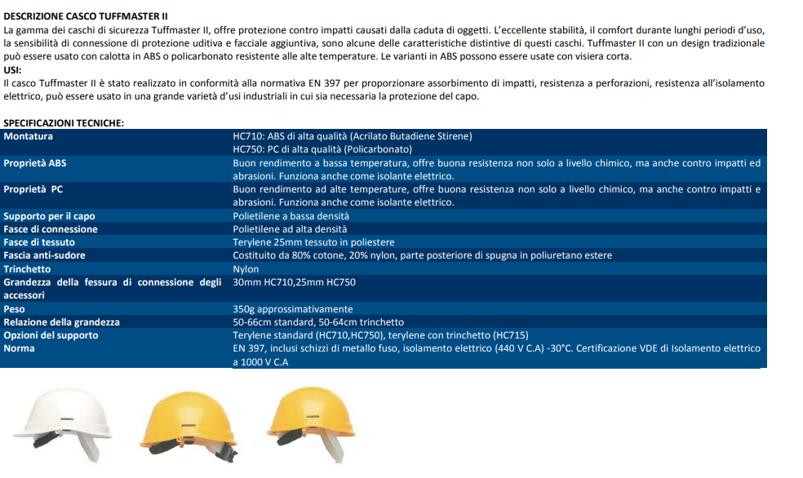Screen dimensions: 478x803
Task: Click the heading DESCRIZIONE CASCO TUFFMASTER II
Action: click(86, 16)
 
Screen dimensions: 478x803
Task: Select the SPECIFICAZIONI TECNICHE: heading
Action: click(64, 122)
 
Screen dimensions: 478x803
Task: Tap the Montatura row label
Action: click(28, 136)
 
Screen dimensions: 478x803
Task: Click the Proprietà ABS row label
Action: click(35, 163)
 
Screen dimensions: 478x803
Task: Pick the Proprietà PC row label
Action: click(33, 189)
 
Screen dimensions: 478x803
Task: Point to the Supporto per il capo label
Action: click(49, 216)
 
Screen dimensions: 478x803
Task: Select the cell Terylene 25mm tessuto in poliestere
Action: click(313, 242)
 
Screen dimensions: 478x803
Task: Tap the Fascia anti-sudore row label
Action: click(44, 255)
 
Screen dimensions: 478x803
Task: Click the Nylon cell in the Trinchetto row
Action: click(246, 268)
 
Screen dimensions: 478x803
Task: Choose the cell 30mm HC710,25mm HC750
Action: click(294, 282)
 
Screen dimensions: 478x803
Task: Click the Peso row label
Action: click(14, 309)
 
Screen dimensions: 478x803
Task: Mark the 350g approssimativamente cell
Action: click(293, 309)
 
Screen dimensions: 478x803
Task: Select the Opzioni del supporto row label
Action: click(51, 335)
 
